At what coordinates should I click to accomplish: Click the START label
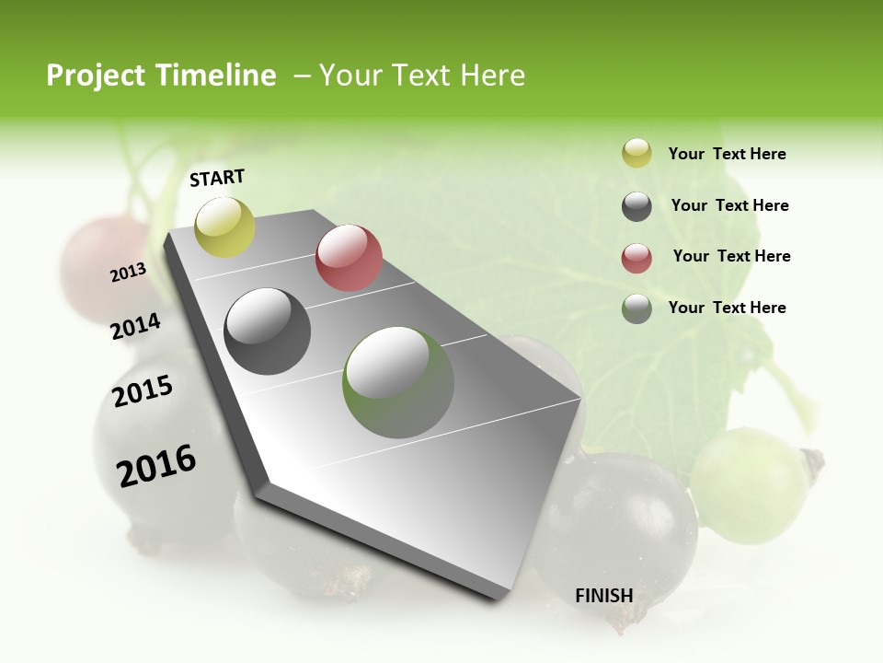pyautogui.click(x=217, y=178)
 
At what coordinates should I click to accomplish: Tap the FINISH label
pyautogui.click(x=603, y=596)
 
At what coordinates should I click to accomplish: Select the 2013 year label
pyautogui.click(x=129, y=273)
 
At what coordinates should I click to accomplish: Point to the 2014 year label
pyautogui.click(x=136, y=327)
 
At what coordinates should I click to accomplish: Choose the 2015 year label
pyautogui.click(x=143, y=391)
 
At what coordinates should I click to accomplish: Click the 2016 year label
pyautogui.click(x=156, y=465)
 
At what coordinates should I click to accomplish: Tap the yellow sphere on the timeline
pyautogui.click(x=224, y=227)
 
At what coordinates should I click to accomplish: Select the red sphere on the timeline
pyautogui.click(x=349, y=258)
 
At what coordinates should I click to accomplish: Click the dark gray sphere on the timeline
pyautogui.click(x=268, y=331)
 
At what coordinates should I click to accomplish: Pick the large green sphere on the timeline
pyautogui.click(x=398, y=382)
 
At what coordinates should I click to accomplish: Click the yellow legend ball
pyautogui.click(x=636, y=154)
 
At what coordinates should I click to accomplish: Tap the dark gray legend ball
pyautogui.click(x=636, y=206)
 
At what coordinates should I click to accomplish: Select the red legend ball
pyautogui.click(x=636, y=258)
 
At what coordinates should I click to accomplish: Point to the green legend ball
pyautogui.click(x=636, y=308)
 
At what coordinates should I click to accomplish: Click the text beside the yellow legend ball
pyautogui.click(x=727, y=155)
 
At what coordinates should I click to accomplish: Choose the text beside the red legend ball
pyautogui.click(x=731, y=256)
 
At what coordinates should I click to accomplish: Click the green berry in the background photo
pyautogui.click(x=750, y=484)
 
